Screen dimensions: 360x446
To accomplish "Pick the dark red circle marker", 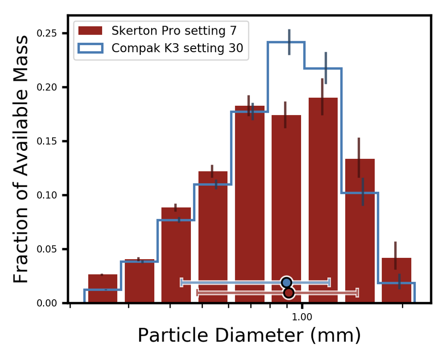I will click(x=289, y=293).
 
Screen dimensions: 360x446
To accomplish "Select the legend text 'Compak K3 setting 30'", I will click(x=177, y=48).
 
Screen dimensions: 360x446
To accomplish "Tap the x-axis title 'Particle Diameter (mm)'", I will click(x=249, y=336).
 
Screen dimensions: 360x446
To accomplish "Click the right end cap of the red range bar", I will click(x=357, y=293).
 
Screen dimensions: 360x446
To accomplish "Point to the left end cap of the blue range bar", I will click(x=181, y=282).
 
